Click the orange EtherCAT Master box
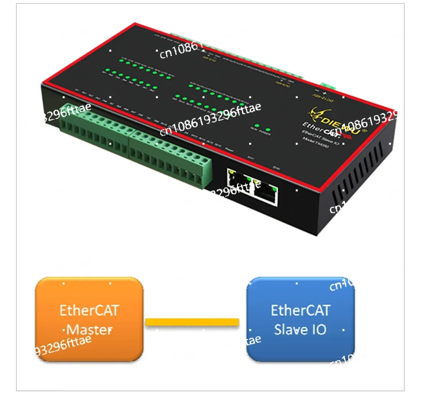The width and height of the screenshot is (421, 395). point(89,319)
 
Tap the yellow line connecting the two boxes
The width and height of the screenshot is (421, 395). point(192,322)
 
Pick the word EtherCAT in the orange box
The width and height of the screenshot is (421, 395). point(89,310)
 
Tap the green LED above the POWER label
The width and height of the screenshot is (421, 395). point(268,130)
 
